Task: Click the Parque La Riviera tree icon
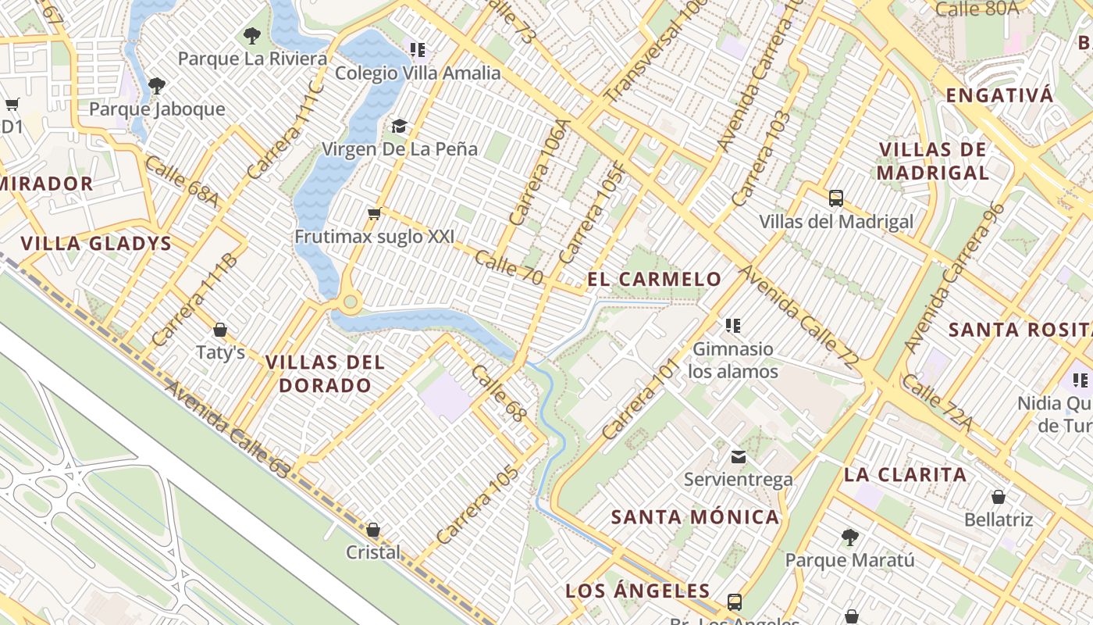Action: tap(251, 35)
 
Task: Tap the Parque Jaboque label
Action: tap(157, 109)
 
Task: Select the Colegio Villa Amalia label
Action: tap(418, 73)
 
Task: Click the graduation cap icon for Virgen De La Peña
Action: tap(399, 126)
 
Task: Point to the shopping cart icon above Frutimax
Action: tap(374, 213)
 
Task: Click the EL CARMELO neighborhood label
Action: tap(654, 279)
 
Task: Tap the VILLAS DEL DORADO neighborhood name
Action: tap(325, 373)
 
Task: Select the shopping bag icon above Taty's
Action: tap(220, 330)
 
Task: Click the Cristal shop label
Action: tap(373, 552)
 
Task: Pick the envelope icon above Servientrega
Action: tap(738, 457)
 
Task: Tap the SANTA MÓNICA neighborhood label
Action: tap(695, 516)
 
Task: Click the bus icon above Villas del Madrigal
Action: tap(836, 198)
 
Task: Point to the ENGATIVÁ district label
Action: tap(999, 95)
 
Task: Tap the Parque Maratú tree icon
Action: tap(849, 537)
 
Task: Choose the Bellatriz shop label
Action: tap(998, 520)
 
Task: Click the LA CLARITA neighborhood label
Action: tap(905, 474)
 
